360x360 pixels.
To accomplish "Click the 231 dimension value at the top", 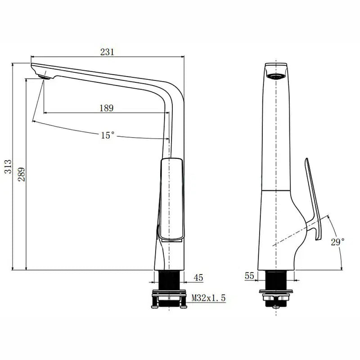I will point(107,52).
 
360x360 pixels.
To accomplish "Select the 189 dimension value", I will point(106,108).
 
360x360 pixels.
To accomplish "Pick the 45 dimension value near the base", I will point(198,278).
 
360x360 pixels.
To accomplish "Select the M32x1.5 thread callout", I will point(208,298).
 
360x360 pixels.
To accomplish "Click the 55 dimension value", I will point(249,276).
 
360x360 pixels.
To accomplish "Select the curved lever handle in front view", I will point(313,198).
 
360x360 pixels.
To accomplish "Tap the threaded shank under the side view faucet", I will point(169,281).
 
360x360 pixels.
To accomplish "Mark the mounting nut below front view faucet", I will point(278,297).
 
